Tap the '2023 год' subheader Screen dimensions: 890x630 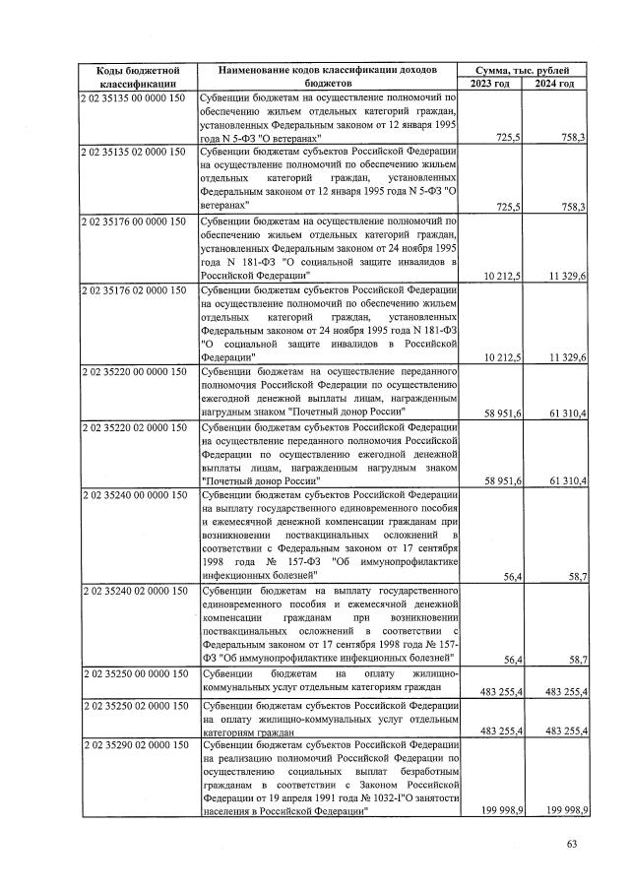click(490, 85)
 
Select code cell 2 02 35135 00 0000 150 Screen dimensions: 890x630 click(138, 99)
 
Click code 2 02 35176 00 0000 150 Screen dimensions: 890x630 click(138, 221)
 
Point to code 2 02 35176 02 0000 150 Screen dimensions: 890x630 click(138, 288)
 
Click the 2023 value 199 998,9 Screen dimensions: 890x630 click(499, 808)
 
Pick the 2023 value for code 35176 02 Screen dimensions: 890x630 click(501, 356)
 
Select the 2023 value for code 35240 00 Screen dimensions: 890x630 click(511, 577)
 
